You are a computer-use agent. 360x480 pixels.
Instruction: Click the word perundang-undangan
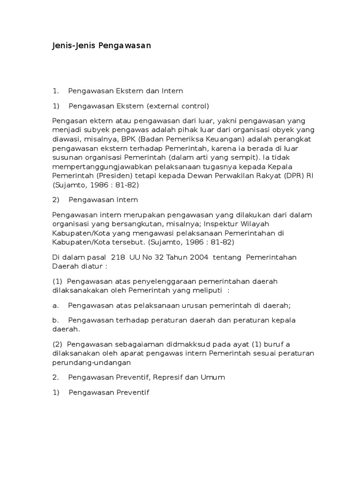91,362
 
